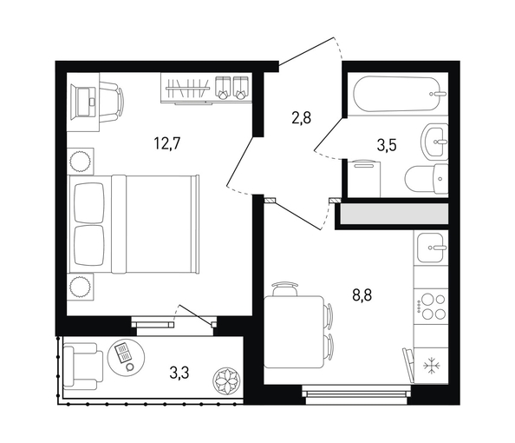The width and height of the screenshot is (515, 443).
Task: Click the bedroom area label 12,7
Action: [x=167, y=143]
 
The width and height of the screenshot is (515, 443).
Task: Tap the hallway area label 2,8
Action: [x=301, y=117]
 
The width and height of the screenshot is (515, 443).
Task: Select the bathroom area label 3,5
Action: [x=387, y=145]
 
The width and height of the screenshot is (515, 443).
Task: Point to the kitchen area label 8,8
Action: [x=362, y=295]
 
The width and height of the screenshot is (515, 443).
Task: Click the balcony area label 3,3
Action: [x=179, y=373]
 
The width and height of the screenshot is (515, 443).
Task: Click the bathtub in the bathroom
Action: [x=400, y=94]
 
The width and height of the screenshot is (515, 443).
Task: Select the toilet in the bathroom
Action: [x=427, y=180]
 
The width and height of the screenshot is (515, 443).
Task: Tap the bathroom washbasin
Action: [x=434, y=142]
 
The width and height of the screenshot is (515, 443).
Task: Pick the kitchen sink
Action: [x=431, y=248]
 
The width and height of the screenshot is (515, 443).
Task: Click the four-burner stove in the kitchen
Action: [x=431, y=307]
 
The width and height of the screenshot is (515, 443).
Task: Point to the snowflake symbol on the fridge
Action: [x=431, y=366]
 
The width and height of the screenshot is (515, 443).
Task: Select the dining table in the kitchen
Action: [x=294, y=332]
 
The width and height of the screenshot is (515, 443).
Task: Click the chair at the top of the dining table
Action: [x=284, y=288]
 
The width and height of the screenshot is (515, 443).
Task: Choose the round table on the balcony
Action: [x=126, y=357]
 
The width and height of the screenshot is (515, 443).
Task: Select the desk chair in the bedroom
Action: [x=112, y=102]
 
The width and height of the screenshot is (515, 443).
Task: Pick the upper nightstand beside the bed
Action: [x=81, y=161]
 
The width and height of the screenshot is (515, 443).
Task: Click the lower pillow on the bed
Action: [x=89, y=246]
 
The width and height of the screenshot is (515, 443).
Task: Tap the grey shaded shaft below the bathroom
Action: [x=394, y=214]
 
